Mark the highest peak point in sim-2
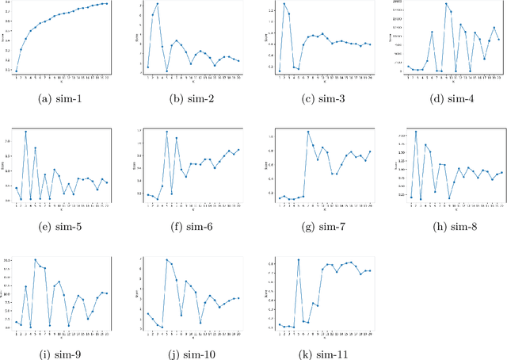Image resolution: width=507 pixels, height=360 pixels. tap(157, 4)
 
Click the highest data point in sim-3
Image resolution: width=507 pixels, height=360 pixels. tap(284, 4)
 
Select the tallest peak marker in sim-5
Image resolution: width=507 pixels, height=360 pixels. tap(25, 132)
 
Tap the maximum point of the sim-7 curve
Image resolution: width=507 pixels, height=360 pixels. tap(307, 132)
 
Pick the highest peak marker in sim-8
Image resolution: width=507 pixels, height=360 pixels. tap(415, 132)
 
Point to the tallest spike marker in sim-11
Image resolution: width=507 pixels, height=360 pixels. tap(298, 260)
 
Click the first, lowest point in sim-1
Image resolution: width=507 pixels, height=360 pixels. tap(16, 71)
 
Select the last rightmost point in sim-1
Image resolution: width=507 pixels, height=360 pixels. tap(107, 3)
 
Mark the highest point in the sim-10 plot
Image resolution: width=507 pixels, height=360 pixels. tap(166, 260)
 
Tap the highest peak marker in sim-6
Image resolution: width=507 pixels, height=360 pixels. tap(166, 132)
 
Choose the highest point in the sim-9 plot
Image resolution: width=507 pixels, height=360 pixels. tap(35, 260)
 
